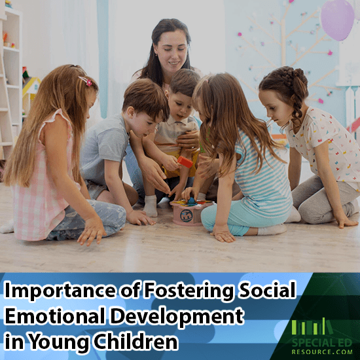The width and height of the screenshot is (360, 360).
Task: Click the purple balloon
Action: [338, 18]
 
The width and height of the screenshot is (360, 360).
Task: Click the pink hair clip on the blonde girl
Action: [86, 81]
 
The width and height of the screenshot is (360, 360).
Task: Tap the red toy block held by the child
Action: [186, 161]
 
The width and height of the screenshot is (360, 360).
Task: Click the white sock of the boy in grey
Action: [151, 206]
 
